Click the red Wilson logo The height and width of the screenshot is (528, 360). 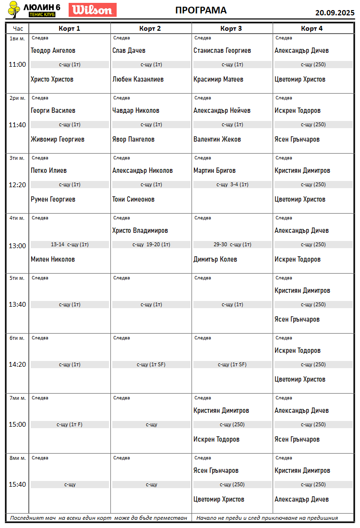93,10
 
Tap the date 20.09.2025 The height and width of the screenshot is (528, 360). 335,12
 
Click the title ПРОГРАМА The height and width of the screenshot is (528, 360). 201,11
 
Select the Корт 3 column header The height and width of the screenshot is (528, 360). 231,28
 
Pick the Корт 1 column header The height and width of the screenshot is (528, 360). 70,28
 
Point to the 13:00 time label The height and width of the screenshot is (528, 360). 18,246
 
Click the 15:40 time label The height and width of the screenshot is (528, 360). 18,484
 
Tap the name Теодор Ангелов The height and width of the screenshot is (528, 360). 53,50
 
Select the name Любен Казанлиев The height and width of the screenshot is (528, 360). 138,79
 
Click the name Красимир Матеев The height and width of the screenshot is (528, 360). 218,79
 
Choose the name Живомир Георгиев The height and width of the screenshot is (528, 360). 58,139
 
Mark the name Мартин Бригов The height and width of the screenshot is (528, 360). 215,170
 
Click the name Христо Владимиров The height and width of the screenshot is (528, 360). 140,230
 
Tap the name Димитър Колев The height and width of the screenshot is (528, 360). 215,259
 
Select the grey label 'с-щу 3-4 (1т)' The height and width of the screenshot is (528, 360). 232,184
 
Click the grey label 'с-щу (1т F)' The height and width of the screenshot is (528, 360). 70,424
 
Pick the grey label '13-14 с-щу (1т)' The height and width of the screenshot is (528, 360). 70,244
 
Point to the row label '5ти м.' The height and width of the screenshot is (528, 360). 17,278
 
